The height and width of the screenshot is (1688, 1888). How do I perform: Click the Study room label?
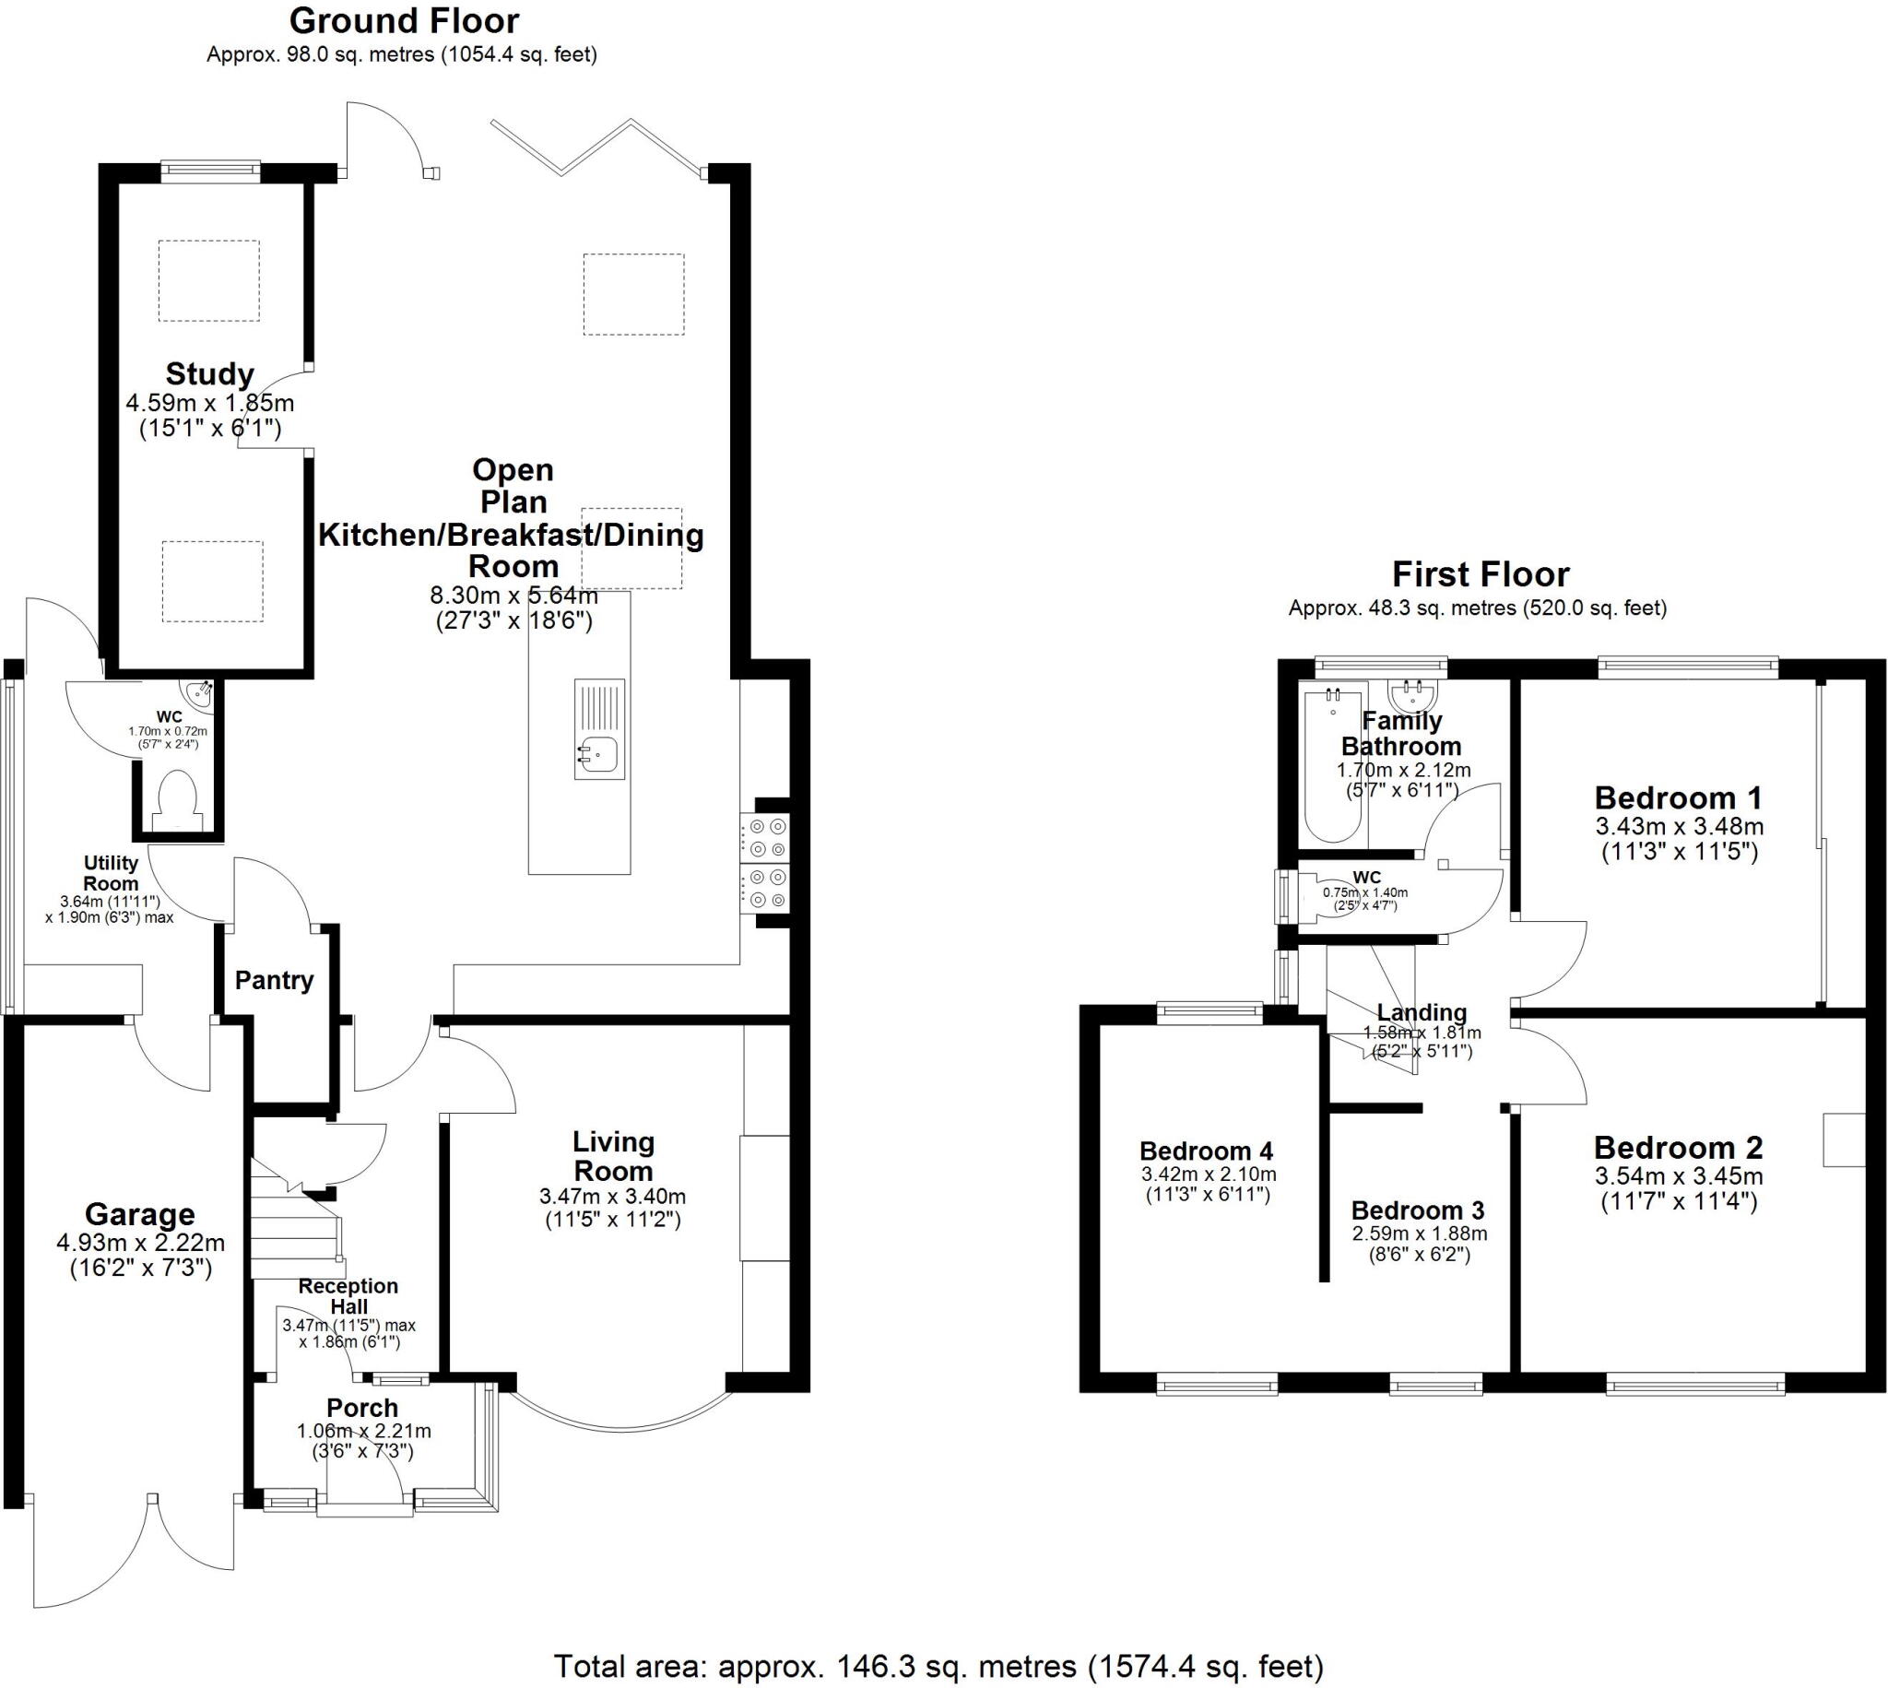[209, 373]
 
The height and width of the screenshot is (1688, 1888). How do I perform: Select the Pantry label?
[274, 980]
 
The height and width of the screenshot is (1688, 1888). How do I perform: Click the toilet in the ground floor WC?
[176, 799]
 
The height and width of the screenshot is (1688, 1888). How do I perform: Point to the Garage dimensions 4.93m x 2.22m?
[141, 1243]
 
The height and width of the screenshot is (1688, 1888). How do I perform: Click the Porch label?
[361, 1408]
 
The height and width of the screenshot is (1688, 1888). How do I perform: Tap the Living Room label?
[613, 1156]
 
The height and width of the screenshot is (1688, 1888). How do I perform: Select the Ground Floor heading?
[405, 20]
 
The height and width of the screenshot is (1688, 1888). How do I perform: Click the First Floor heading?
[1480, 574]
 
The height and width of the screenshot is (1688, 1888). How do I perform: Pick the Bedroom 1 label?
[1679, 797]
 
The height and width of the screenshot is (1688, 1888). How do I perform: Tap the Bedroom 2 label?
[1678, 1148]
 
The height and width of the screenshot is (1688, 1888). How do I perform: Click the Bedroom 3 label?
[1417, 1210]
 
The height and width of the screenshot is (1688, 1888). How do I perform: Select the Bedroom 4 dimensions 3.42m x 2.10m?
[1209, 1175]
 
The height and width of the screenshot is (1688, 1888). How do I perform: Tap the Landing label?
[1421, 1013]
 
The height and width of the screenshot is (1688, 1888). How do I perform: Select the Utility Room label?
[112, 873]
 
